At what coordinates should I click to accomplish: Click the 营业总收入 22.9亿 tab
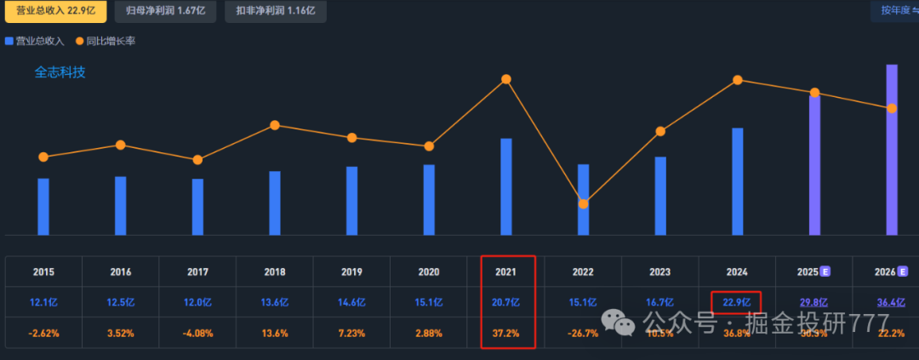pyautogui.click(x=54, y=11)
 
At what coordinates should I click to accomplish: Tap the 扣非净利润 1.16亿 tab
pyautogui.click(x=268, y=11)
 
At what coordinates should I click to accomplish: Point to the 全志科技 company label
pyautogui.click(x=60, y=72)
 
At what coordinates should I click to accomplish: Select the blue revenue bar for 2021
pyautogui.click(x=506, y=186)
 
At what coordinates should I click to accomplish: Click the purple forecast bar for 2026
pyautogui.click(x=892, y=149)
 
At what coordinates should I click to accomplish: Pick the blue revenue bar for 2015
pyautogui.click(x=43, y=206)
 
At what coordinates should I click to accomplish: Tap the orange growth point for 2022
pyautogui.click(x=583, y=203)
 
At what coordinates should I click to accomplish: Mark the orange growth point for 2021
pyautogui.click(x=506, y=79)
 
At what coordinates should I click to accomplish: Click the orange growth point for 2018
pyautogui.click(x=275, y=125)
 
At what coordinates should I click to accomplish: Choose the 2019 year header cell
pyautogui.click(x=351, y=272)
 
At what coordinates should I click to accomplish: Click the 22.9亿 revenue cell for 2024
pyautogui.click(x=736, y=302)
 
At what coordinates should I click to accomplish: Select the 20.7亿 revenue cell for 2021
pyautogui.click(x=507, y=302)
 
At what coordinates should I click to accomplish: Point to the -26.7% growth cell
pyautogui.click(x=583, y=333)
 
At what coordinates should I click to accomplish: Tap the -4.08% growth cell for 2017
pyautogui.click(x=197, y=333)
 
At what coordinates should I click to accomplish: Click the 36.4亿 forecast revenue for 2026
pyautogui.click(x=891, y=302)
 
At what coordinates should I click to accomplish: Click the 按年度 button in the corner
pyautogui.click(x=893, y=11)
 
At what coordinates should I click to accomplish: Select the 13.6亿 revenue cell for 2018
pyautogui.click(x=275, y=302)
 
